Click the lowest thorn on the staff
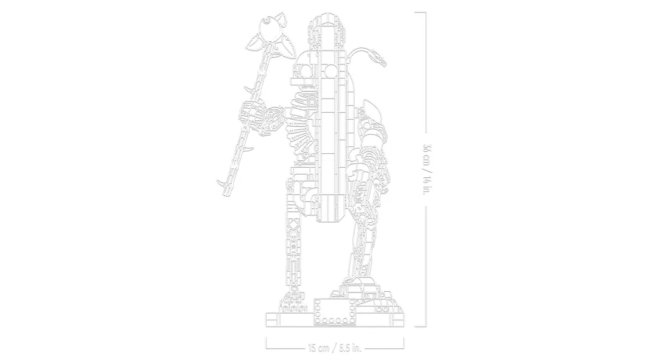coord(222,184)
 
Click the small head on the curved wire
coord(382,62)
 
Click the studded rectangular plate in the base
coord(332,310)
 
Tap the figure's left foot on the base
coord(293,304)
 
